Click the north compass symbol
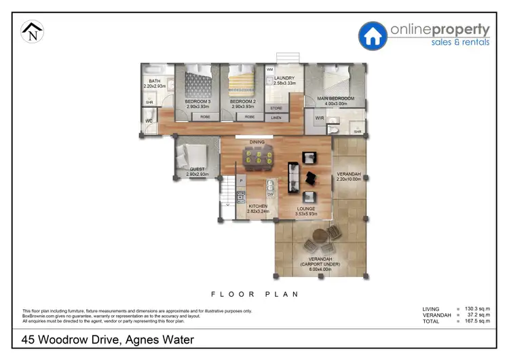32,32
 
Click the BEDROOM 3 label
198,102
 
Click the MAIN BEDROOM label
337,98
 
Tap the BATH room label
155,82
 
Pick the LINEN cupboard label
276,118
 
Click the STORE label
276,108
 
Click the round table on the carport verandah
318,238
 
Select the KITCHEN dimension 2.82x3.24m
258,211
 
